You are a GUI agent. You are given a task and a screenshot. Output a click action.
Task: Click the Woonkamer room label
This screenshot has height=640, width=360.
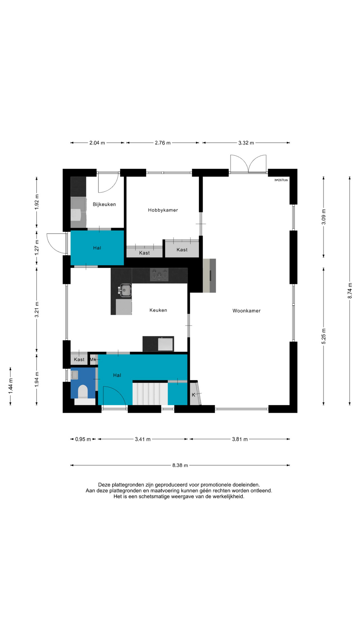click(x=246, y=311)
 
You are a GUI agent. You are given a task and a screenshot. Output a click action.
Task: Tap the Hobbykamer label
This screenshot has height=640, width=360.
click(x=163, y=210)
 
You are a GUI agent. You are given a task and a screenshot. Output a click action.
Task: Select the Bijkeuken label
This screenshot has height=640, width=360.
click(x=104, y=204)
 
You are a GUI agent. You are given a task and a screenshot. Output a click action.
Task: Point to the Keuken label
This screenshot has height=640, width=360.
click(x=158, y=310)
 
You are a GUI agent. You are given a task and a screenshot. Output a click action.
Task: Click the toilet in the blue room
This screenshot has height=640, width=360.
click(x=83, y=392)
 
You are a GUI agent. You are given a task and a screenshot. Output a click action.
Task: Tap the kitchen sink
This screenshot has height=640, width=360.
click(x=125, y=290)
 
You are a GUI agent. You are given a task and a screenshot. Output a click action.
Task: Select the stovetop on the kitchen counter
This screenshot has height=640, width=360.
click(x=159, y=275)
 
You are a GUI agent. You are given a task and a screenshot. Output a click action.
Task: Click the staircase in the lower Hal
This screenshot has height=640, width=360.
click(x=150, y=393)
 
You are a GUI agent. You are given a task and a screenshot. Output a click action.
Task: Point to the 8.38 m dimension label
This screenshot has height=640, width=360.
click(x=180, y=465)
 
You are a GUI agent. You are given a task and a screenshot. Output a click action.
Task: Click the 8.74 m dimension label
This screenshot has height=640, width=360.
click(x=350, y=291)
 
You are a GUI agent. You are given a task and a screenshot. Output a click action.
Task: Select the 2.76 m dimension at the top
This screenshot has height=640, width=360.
click(x=163, y=143)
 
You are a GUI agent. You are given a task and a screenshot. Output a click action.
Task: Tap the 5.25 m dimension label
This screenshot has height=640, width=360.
click(x=324, y=336)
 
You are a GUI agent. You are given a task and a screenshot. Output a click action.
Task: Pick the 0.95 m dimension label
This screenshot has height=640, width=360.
click(x=83, y=439)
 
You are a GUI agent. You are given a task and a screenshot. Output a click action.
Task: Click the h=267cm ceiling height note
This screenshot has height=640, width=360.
click(x=281, y=180)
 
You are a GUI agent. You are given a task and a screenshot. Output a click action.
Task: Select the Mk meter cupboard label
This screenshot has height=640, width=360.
click(x=93, y=359)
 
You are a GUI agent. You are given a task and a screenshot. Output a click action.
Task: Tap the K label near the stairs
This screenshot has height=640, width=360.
click(x=193, y=395)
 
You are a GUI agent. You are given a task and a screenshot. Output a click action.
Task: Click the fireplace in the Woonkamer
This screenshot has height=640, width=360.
click(x=209, y=276)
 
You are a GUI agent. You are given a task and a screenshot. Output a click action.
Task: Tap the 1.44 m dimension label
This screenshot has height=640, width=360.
click(x=11, y=386)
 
